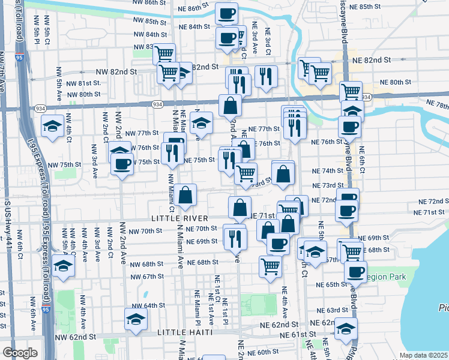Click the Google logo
point(20,353)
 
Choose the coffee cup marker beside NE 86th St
point(226,14)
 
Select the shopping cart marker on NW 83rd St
point(163,54)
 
